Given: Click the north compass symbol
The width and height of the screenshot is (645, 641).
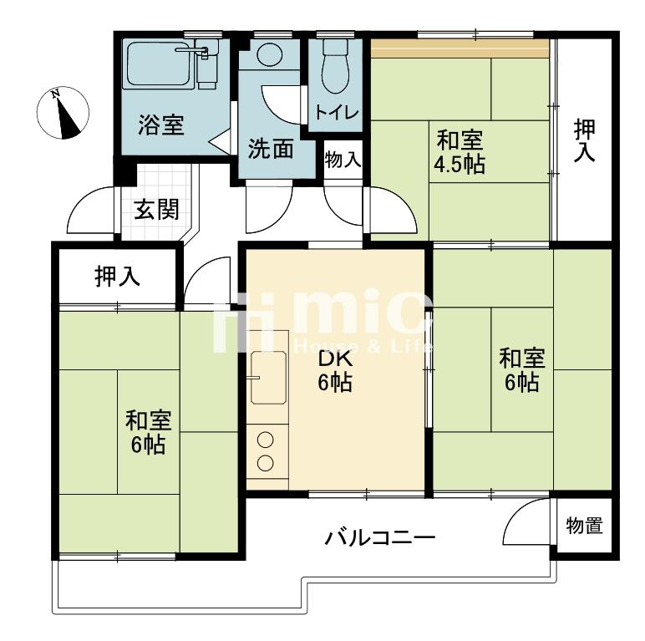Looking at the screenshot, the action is (63, 113).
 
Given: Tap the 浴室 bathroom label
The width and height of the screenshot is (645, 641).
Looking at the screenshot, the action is (161, 125).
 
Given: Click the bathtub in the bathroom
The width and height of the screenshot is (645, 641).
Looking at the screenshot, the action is (159, 64).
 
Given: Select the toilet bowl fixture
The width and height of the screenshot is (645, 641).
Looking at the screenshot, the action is (335, 66).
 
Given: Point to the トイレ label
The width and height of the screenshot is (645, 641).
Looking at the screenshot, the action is (337, 112).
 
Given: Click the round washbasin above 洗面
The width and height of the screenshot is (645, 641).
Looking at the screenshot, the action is (270, 53).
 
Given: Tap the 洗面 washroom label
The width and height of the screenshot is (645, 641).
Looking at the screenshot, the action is (271, 149).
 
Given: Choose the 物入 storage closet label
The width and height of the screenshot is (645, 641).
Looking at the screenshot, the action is (343, 160).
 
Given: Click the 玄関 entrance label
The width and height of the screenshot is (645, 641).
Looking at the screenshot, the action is (156, 209).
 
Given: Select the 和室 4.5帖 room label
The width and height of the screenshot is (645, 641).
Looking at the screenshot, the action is (460, 151).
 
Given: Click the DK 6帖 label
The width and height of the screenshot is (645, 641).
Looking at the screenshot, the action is (335, 371).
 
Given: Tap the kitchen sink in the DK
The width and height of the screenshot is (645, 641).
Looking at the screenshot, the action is (269, 377).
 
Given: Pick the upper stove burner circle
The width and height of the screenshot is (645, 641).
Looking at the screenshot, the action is (266, 440).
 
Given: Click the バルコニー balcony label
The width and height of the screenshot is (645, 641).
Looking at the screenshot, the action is (379, 537).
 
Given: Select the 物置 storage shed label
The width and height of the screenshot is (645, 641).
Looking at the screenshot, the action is (584, 526).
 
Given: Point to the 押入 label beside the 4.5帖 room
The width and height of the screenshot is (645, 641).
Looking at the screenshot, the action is (585, 140).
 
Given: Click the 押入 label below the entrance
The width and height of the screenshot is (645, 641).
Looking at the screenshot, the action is (117, 276).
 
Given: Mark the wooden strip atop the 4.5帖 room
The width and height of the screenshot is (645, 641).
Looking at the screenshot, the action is (460, 49).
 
